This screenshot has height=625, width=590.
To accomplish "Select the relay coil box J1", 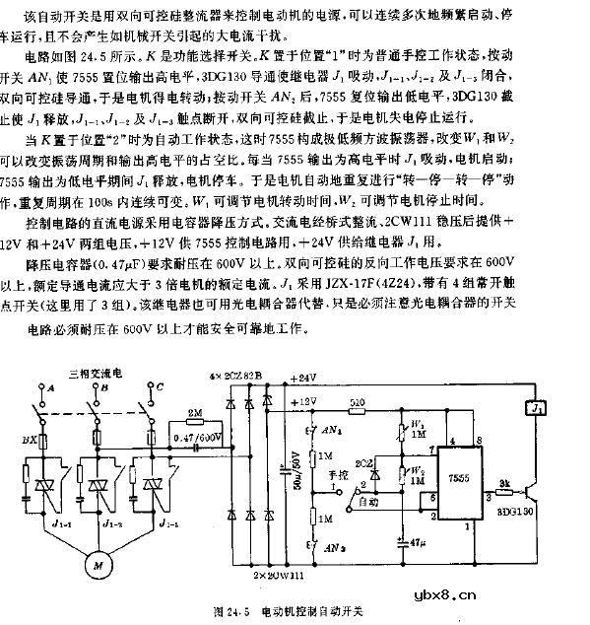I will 537,405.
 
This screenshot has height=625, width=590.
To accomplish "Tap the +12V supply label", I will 305,401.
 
